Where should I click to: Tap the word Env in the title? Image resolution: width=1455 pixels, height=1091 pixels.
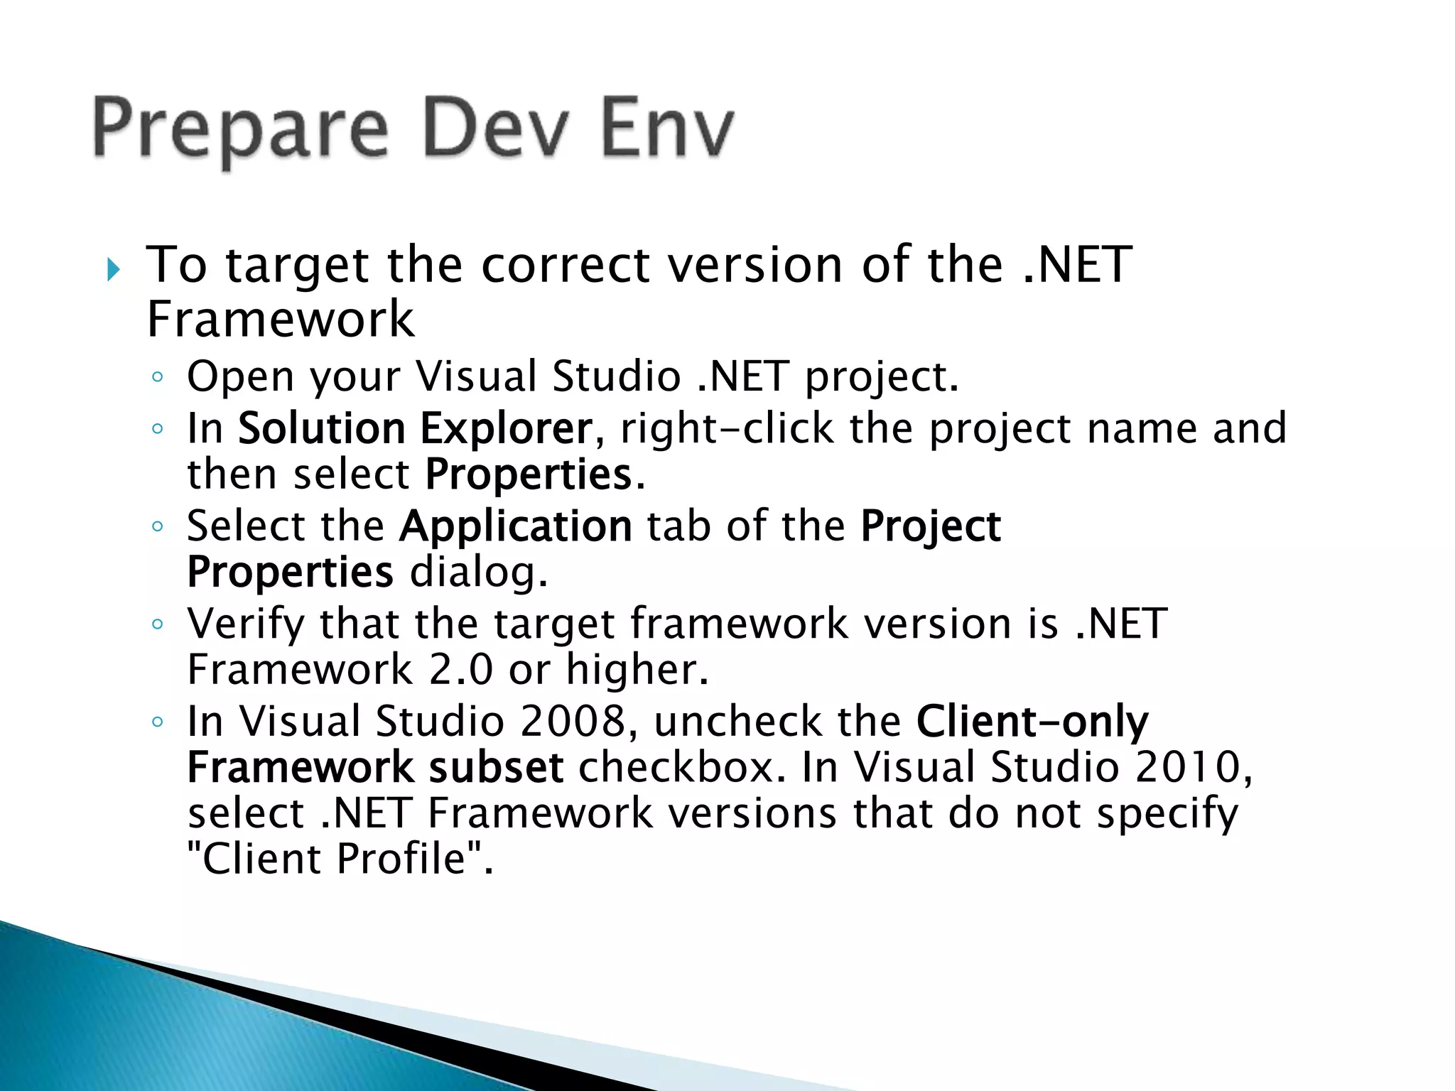[666, 128]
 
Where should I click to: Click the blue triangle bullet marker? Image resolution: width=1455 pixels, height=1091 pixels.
[114, 269]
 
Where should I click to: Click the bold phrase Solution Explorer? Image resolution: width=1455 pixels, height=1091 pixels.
[414, 428]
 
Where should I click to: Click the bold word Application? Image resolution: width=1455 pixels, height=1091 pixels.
[515, 526]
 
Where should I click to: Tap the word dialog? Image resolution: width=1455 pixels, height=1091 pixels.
[479, 572]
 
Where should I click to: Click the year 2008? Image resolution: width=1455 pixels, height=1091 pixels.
[573, 722]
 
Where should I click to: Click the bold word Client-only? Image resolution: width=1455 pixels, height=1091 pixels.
[1032, 722]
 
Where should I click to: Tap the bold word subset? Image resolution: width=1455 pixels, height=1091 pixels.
[496, 768]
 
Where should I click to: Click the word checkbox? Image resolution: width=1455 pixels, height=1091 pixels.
[682, 768]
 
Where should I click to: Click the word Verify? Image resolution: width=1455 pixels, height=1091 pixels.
[245, 625]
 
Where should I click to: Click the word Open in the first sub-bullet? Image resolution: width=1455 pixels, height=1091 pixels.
[239, 377]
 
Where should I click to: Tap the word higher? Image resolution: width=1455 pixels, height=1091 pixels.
[637, 670]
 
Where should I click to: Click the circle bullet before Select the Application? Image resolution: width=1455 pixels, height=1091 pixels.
[158, 526]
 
